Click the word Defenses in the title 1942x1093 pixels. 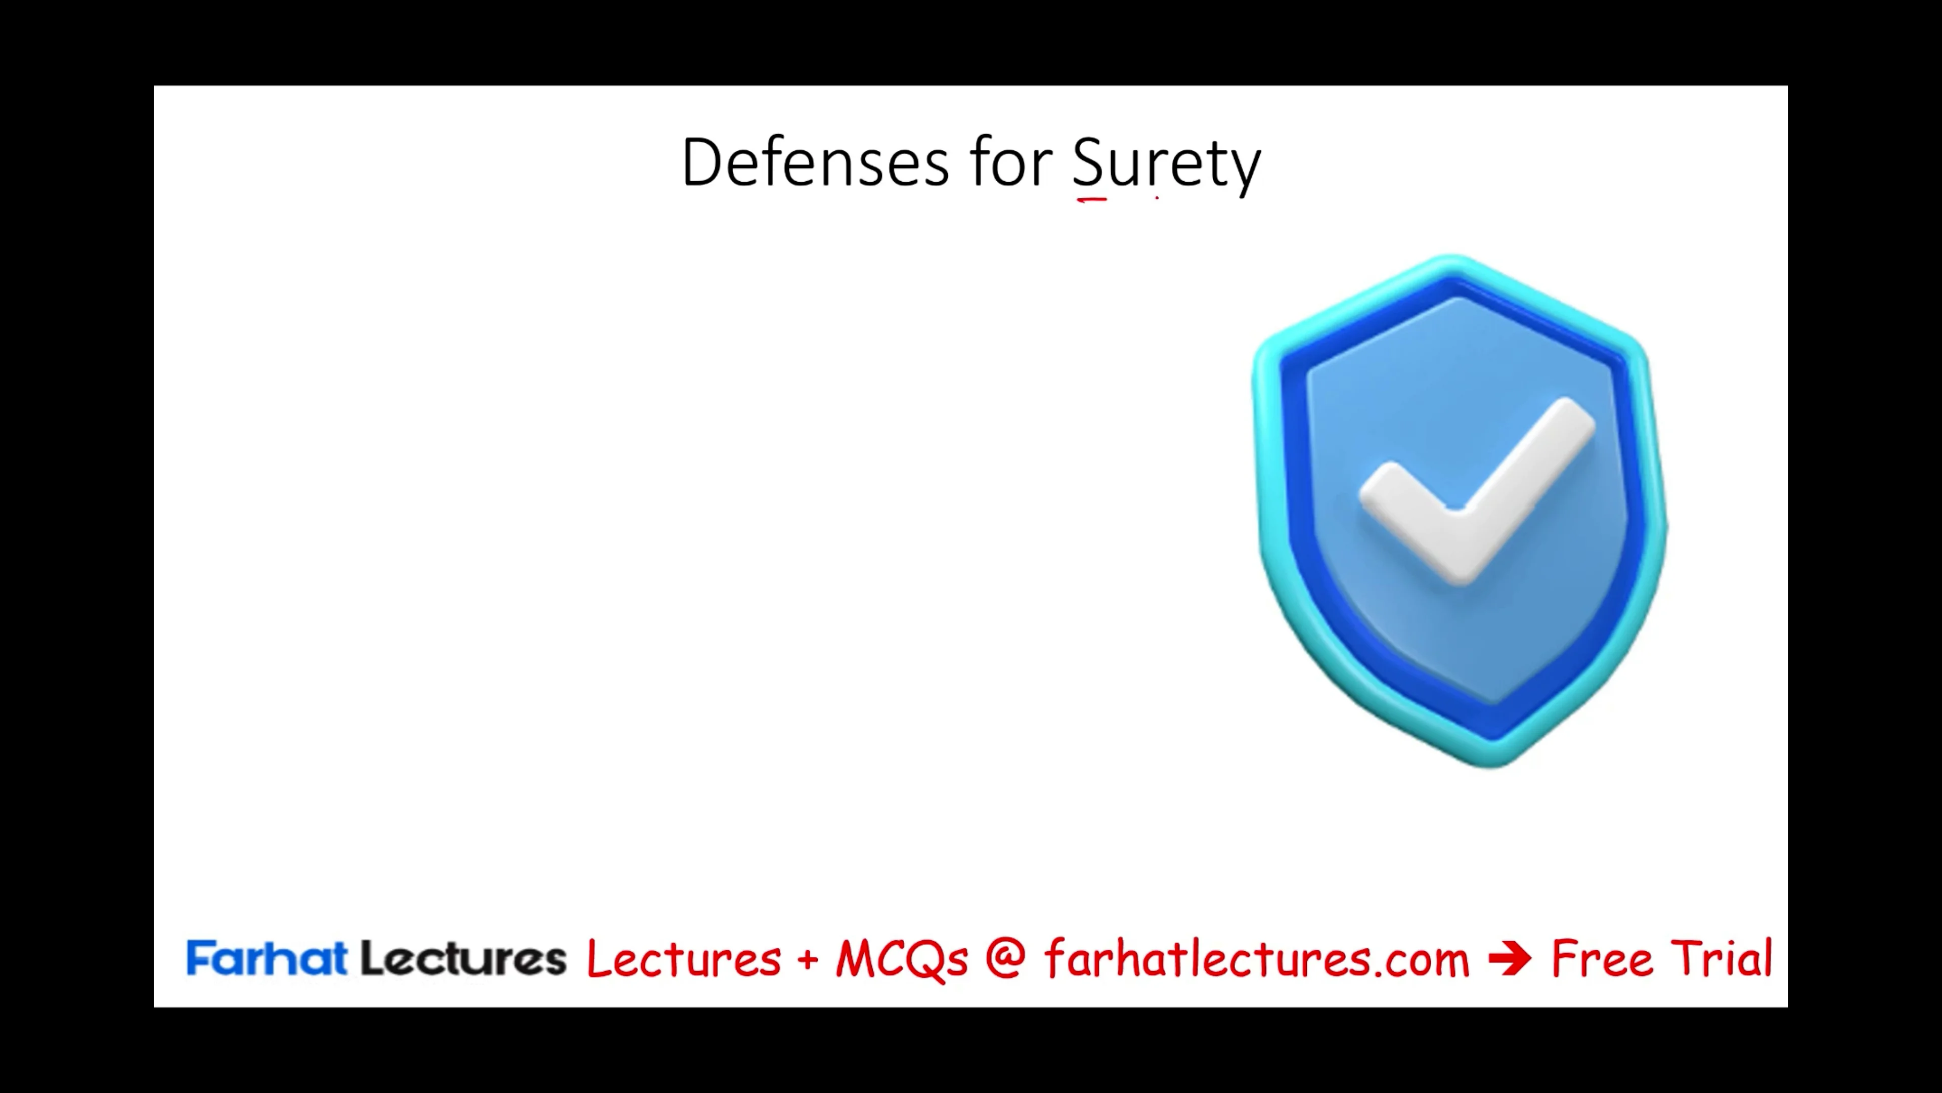(x=814, y=162)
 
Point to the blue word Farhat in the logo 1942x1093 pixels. (x=266, y=959)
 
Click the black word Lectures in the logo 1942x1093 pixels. (x=463, y=959)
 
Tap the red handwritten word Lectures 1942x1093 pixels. (x=683, y=959)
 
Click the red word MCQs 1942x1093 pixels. (x=901, y=959)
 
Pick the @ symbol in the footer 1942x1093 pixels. (x=1005, y=959)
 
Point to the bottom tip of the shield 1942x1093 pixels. (x=1493, y=764)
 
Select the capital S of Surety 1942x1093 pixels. (x=1088, y=162)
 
